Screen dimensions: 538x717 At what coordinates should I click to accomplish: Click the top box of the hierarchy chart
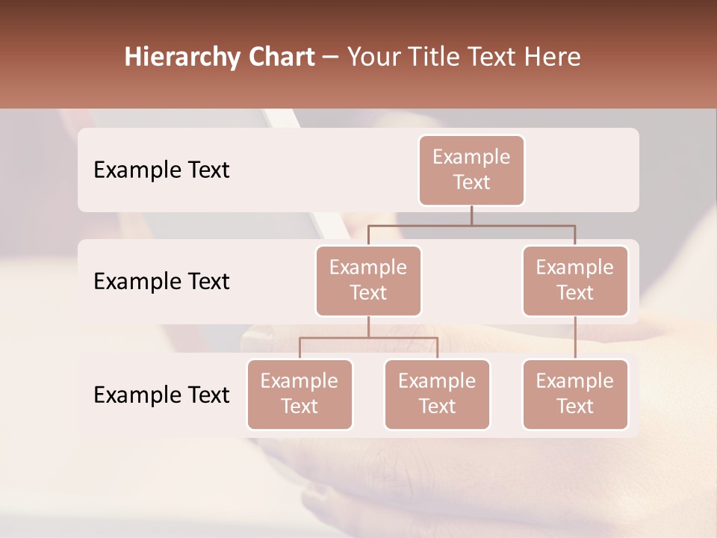pos(471,170)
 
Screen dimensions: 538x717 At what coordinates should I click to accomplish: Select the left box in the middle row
pos(368,281)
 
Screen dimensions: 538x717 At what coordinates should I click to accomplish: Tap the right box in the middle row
pos(575,281)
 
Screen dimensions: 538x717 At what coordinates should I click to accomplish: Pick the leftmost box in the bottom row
pos(299,395)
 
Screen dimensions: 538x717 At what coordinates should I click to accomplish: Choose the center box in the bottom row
pos(437,395)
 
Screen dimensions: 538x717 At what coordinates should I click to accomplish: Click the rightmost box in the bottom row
pos(575,395)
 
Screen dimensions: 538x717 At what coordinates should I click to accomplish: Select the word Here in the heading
pos(553,58)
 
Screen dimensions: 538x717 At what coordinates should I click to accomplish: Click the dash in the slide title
pos(331,58)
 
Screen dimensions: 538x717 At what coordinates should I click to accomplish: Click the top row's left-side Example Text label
pos(161,170)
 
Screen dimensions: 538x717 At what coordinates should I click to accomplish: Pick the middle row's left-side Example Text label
pos(161,282)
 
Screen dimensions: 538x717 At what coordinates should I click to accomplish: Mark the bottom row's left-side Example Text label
pos(161,395)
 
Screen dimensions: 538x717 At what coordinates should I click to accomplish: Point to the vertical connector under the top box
pos(471,215)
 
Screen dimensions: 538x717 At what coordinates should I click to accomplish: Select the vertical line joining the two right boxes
pos(575,338)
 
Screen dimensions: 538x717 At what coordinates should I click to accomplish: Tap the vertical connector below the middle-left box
pos(368,327)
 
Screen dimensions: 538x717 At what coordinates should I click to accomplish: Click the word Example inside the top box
pos(471,158)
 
